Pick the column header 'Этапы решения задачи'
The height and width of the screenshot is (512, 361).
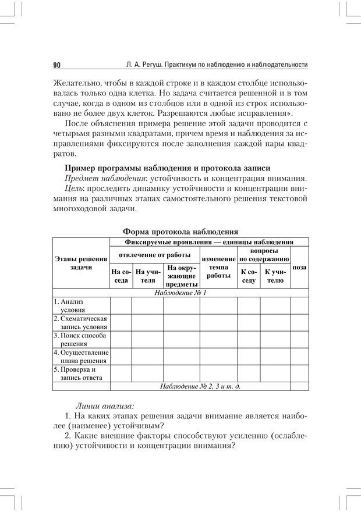point(81,263)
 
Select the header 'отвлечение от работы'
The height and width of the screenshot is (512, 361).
point(155,255)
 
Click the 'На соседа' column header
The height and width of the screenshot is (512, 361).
point(121,276)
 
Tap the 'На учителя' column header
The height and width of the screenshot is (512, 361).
point(148,276)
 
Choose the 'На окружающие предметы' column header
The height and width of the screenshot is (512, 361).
point(180,276)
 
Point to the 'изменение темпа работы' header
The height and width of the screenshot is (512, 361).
point(218,267)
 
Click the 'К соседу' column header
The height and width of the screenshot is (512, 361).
point(249,276)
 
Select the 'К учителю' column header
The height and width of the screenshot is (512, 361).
point(275,276)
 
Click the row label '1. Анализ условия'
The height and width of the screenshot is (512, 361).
point(81,306)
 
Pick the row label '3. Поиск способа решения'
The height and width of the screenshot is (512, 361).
point(81,340)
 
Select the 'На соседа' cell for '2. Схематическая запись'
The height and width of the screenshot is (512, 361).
point(121,323)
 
